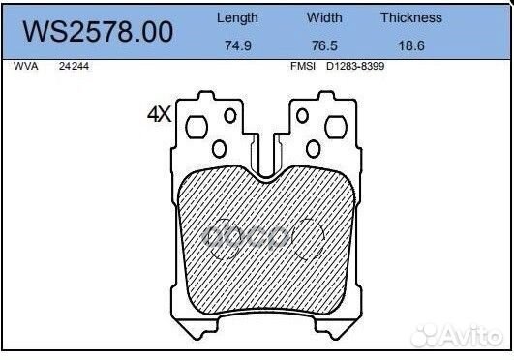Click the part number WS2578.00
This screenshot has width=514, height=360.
point(98,32)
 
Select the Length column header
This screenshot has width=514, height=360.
point(237,17)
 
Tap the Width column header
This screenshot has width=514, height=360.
point(324,17)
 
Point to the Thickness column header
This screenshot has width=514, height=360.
point(411,17)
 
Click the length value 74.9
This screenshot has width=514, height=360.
point(238,45)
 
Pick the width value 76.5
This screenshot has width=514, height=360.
point(324,45)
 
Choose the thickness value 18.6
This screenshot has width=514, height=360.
point(411,45)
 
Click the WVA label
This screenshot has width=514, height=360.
point(25,66)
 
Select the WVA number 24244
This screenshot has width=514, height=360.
point(74,66)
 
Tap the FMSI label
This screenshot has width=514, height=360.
point(303,66)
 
